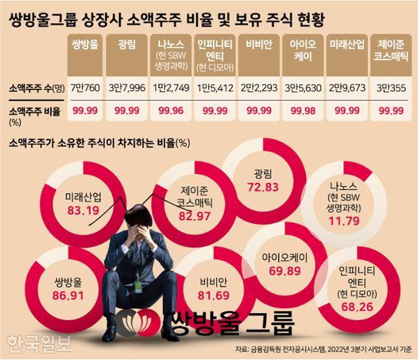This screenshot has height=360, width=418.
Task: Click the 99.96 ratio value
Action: [x=172, y=112]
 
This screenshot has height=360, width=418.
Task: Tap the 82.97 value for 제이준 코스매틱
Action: [x=195, y=216]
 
